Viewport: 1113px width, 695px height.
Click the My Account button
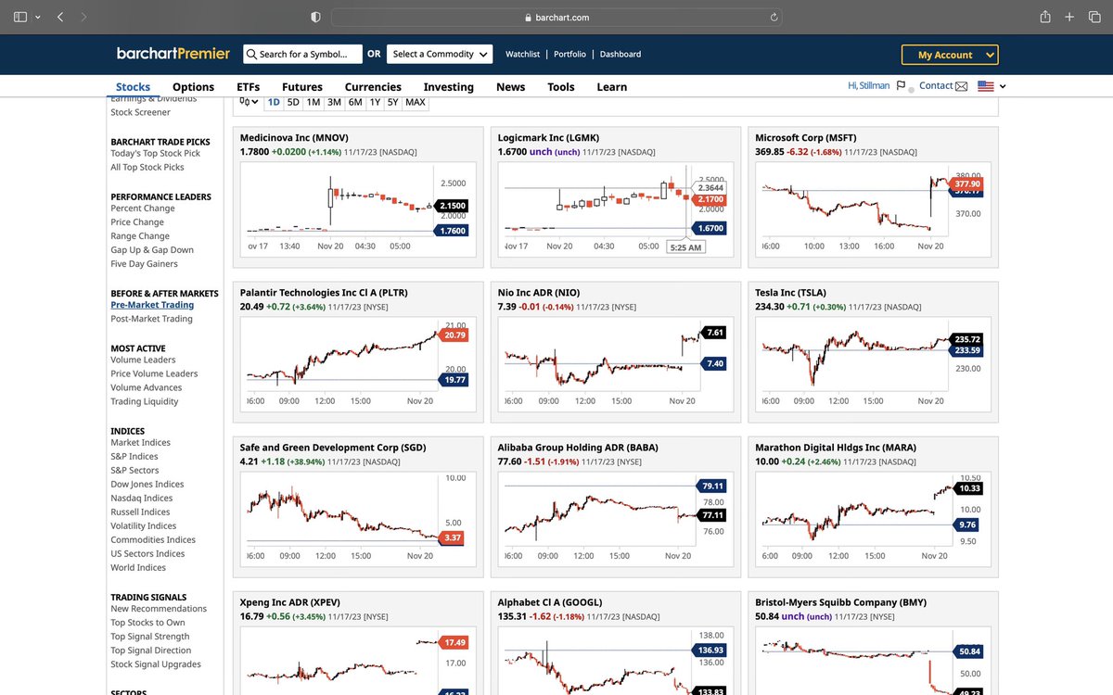949,55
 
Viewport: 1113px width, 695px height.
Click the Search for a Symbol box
302,54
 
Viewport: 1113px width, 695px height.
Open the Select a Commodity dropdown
439,54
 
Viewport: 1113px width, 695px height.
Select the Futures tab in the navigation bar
302,87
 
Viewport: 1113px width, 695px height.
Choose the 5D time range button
293,102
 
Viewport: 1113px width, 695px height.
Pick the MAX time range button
416,102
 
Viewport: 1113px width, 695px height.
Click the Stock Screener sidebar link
140,112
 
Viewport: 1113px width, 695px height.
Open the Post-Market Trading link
151,319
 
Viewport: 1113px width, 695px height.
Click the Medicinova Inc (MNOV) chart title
294,138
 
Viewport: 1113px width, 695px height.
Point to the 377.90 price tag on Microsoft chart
966,184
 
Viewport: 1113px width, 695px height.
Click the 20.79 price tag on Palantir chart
454,335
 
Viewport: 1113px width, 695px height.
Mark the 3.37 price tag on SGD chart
453,537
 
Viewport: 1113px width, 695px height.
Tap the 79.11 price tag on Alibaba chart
712,486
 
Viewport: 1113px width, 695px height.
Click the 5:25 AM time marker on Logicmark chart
685,247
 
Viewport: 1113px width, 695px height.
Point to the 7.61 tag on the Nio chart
714,332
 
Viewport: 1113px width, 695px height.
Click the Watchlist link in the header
523,55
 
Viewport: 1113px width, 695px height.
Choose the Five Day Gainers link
144,264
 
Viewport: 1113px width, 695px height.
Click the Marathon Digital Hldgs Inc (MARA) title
835,448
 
